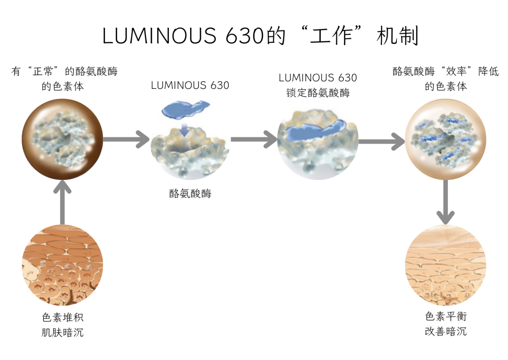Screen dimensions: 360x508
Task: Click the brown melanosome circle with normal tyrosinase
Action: click(x=62, y=139)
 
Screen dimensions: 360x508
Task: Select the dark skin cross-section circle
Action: click(x=62, y=266)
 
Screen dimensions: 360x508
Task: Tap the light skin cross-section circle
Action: click(x=445, y=266)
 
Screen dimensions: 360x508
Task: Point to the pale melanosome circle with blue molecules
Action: click(x=445, y=139)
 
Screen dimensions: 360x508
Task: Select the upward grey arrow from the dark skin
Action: click(x=62, y=202)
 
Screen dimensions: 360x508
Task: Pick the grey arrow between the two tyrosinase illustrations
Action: click(x=254, y=139)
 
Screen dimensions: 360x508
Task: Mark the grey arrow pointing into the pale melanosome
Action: click(x=382, y=140)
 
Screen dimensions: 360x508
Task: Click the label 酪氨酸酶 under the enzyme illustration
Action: click(x=190, y=193)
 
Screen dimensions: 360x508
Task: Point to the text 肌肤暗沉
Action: click(x=62, y=333)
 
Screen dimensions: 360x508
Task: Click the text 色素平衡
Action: click(x=445, y=316)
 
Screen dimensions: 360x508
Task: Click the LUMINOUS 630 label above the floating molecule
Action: click(x=190, y=85)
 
